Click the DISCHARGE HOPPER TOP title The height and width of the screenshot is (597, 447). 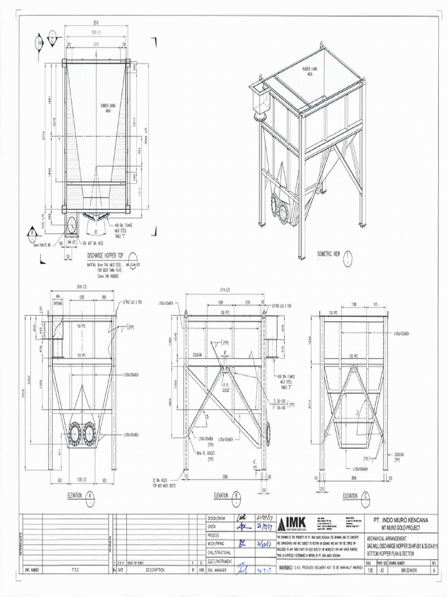tap(105, 255)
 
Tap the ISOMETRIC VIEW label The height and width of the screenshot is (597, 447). tap(329, 255)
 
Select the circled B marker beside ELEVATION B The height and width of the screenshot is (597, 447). tap(237, 496)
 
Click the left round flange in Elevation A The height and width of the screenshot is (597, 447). tap(74, 433)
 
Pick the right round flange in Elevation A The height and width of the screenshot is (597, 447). tap(89, 433)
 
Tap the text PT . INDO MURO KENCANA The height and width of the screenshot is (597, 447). tap(403, 518)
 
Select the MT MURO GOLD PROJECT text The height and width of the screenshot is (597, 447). tap(403, 526)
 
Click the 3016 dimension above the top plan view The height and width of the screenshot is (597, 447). tap(95, 23)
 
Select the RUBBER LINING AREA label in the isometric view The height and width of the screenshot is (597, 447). tap(309, 72)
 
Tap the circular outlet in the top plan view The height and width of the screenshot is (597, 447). tap(73, 223)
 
